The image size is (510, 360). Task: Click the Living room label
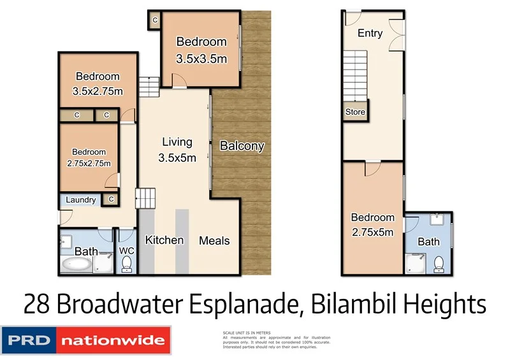pos(177,141)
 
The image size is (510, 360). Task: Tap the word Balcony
pos(242,146)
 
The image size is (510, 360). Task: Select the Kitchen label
pos(164,240)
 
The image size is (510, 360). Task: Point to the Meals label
pos(214,241)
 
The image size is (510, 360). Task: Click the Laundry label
pos(81,200)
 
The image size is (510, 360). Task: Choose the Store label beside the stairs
pos(355,112)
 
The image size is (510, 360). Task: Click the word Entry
pos(370,33)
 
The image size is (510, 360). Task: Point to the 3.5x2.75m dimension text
pos(97,91)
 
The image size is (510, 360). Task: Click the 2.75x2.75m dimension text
pos(89,164)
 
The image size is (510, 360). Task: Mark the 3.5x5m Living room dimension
pos(177,157)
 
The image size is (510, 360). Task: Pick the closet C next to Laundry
pos(112,199)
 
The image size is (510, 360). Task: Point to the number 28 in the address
pos(38,305)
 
